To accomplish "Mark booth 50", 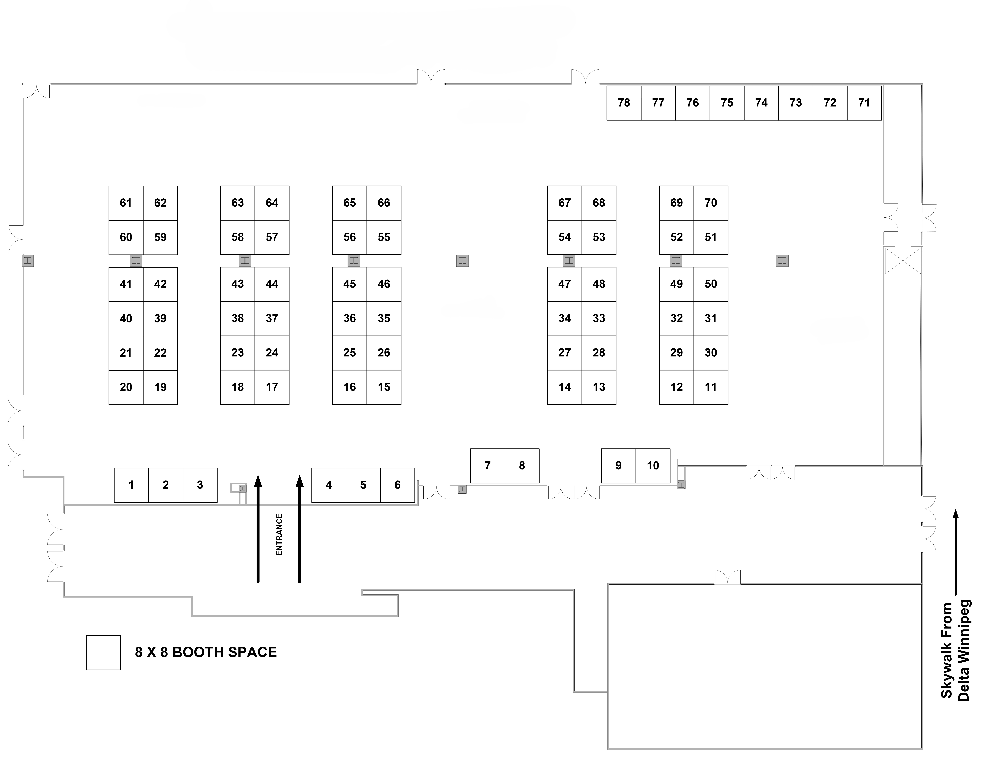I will [711, 284].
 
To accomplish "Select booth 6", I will [397, 485].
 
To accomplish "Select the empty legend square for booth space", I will [103, 652].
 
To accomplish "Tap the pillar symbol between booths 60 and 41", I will [136, 261].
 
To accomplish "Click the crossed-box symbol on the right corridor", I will [903, 260].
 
